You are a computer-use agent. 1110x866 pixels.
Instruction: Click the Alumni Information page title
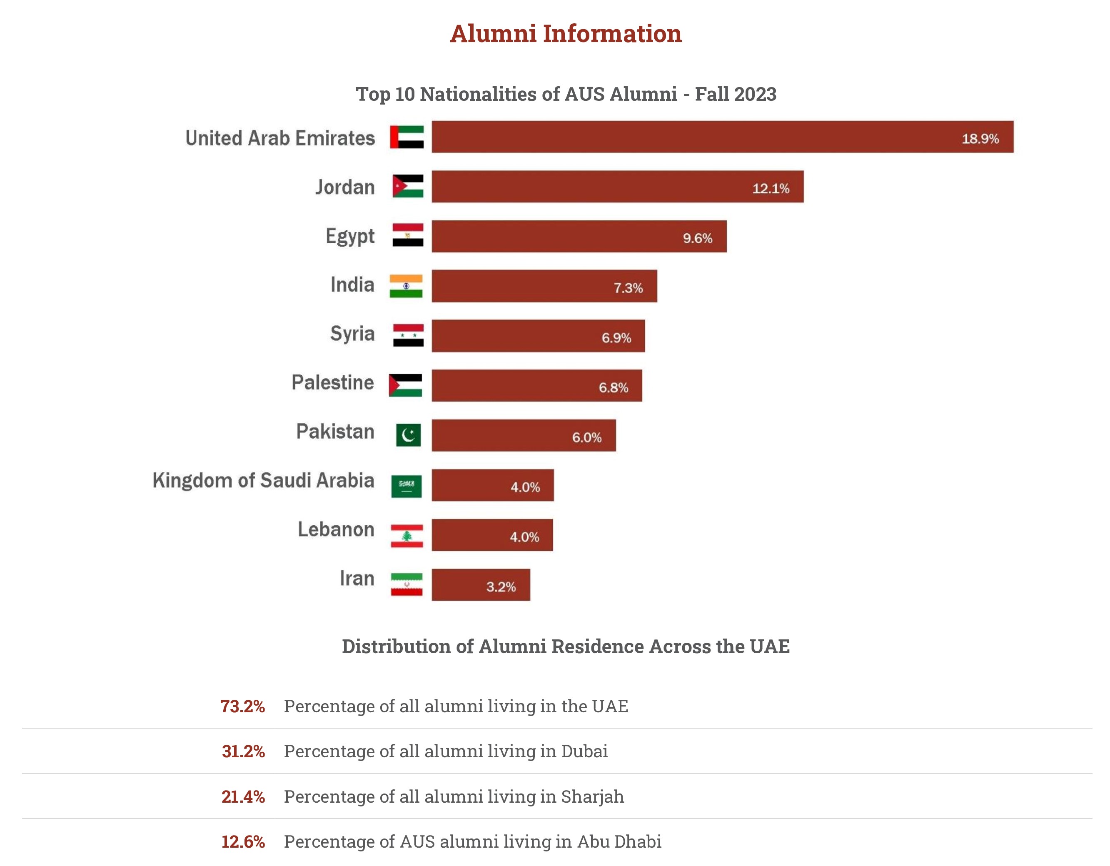pos(565,34)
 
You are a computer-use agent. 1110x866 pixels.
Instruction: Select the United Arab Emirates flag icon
pos(407,137)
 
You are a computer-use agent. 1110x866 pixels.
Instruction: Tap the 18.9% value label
pos(980,139)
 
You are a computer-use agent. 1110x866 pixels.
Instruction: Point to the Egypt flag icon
pos(408,235)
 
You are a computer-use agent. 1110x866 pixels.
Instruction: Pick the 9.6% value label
pos(697,238)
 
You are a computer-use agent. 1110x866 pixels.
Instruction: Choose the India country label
pos(352,285)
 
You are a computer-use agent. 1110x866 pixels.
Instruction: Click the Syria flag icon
pos(408,335)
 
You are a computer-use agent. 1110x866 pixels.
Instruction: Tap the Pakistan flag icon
pos(408,435)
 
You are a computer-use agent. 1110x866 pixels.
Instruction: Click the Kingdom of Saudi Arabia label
pos(263,480)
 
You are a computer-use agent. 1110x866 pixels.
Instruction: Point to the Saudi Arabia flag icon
pos(406,487)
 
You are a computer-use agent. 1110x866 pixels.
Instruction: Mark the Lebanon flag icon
pos(407,536)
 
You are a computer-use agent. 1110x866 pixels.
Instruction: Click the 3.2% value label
pos(501,587)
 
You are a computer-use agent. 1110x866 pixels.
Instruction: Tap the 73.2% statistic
pos(242,706)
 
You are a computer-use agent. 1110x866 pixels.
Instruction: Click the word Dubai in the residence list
pos(584,751)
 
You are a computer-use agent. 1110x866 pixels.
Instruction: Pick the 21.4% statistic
pos(243,797)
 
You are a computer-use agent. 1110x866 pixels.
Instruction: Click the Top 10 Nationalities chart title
pos(566,94)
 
